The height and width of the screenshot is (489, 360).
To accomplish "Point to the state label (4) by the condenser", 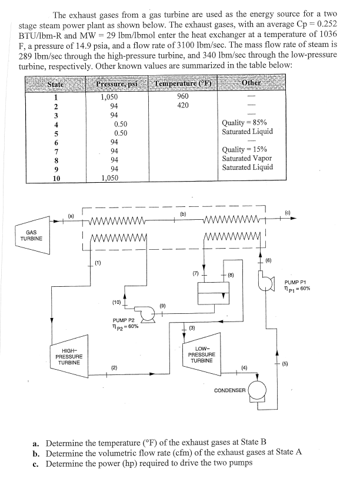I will (x=244, y=369).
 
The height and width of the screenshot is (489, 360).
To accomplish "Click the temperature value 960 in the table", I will (x=183, y=96).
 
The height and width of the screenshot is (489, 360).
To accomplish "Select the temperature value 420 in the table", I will (x=183, y=105).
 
